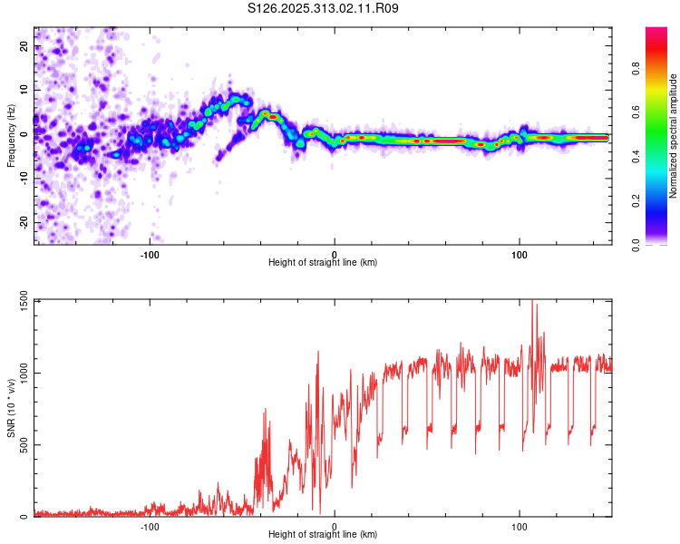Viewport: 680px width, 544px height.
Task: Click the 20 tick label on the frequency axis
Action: (x=24, y=45)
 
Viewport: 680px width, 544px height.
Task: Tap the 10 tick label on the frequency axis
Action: (x=24, y=90)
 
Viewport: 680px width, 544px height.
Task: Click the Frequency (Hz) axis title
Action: (x=11, y=134)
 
